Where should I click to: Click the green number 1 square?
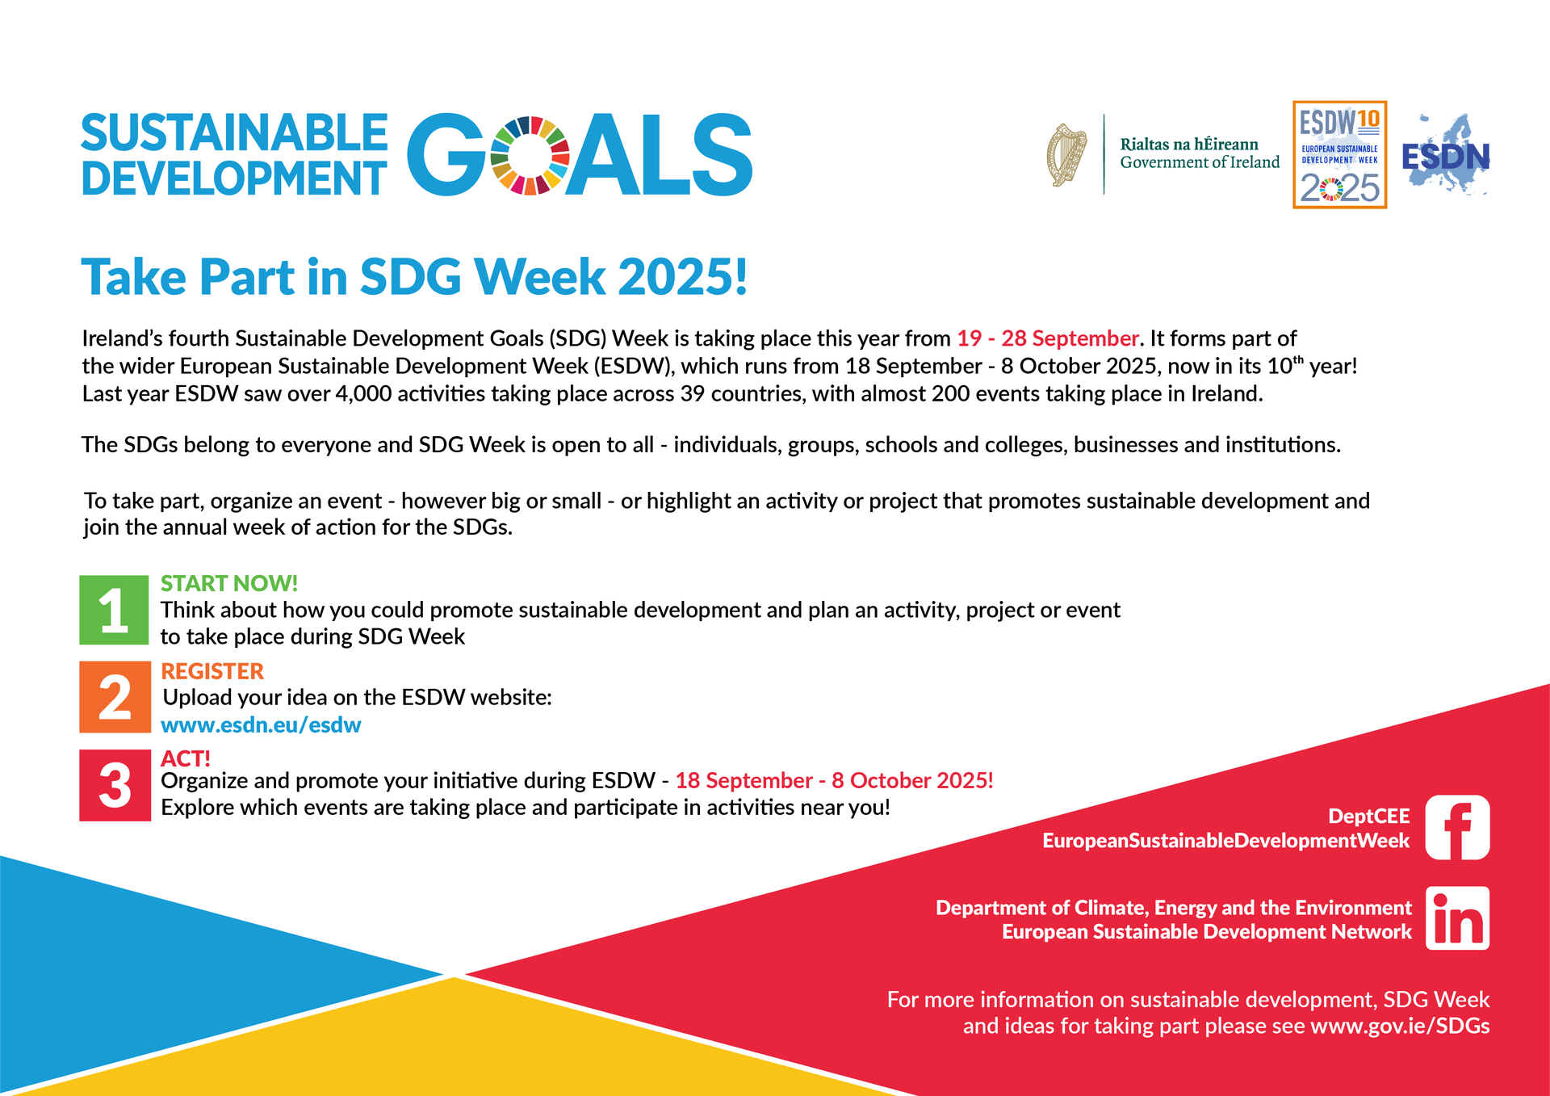tap(114, 610)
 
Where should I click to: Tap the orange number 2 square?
tap(115, 697)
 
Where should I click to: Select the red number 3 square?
tap(115, 785)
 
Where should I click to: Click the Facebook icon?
tap(1457, 827)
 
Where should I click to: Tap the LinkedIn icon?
tap(1457, 918)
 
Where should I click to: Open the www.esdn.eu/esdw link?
tap(261, 725)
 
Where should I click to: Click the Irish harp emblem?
tap(1067, 154)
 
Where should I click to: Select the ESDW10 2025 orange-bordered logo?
tap(1339, 154)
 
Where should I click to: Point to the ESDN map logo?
tap(1446, 154)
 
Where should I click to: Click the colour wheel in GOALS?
tap(530, 155)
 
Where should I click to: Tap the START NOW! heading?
tap(229, 583)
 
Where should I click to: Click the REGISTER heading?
tap(212, 671)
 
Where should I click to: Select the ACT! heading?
tap(186, 758)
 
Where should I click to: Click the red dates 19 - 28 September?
tap(1048, 338)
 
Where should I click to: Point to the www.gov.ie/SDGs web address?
tap(1400, 1026)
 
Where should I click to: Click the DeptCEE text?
tap(1368, 816)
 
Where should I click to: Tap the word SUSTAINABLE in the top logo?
tap(234, 133)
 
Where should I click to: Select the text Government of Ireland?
tap(1200, 162)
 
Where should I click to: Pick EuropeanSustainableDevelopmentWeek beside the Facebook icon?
tap(1225, 841)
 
